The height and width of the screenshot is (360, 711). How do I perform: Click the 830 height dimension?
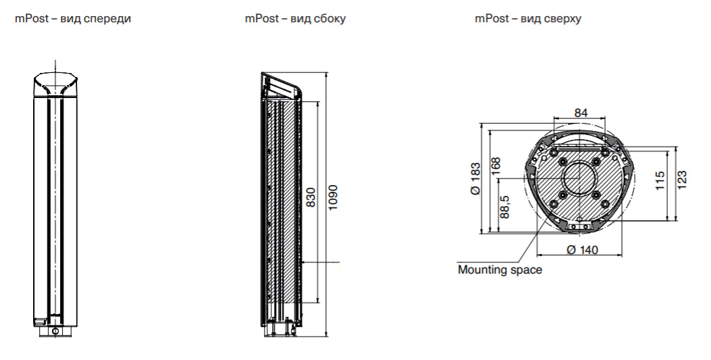pos(311,196)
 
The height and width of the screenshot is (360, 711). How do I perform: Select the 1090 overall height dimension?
pos(332,196)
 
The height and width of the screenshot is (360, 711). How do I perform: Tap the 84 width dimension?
pos(581,113)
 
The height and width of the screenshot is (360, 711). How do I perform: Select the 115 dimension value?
pos(660,180)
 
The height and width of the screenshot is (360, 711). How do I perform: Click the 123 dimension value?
pos(682,178)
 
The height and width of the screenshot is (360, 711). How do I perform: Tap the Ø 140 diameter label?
pos(582,250)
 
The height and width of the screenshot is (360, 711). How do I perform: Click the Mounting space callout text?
pos(500,270)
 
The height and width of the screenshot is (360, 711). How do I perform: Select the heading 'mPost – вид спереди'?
pos(73,19)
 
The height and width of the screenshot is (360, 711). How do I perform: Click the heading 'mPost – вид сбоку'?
pos(295,19)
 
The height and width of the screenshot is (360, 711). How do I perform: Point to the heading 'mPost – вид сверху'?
pos(528,19)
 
